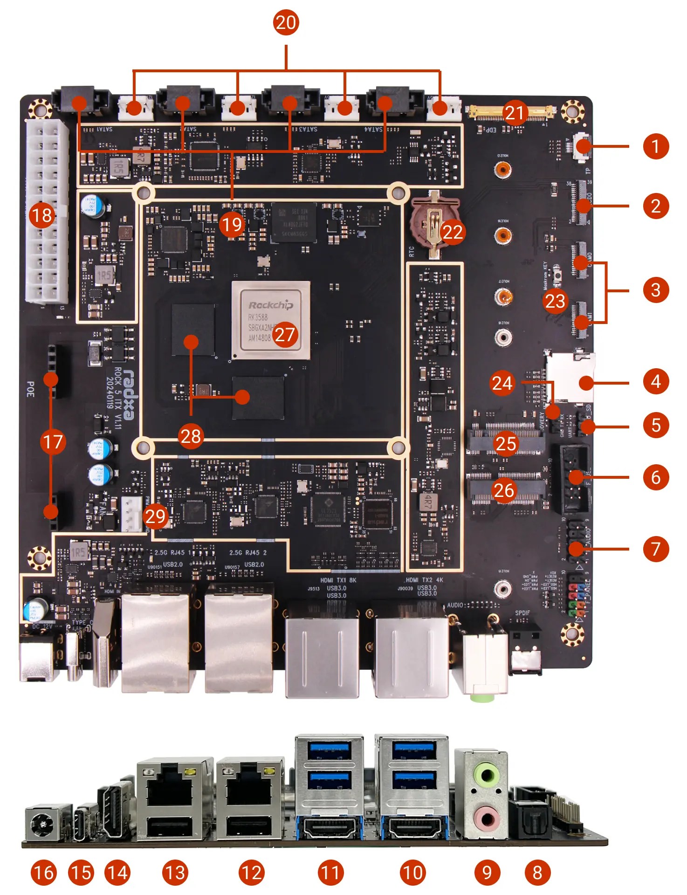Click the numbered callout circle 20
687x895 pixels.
286,22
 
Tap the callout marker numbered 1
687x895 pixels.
656,146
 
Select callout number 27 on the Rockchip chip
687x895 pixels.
285,334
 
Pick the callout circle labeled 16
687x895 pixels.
44,873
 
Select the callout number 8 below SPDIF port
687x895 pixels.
537,873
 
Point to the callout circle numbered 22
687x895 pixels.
453,232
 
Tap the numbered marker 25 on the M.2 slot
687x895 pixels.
506,443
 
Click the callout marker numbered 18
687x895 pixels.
41,215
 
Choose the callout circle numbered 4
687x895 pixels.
656,381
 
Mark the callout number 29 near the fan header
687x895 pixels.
155,516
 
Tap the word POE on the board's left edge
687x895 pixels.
30,389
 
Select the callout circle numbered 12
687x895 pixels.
251,873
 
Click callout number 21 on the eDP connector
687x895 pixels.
515,112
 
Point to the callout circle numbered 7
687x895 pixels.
656,549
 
